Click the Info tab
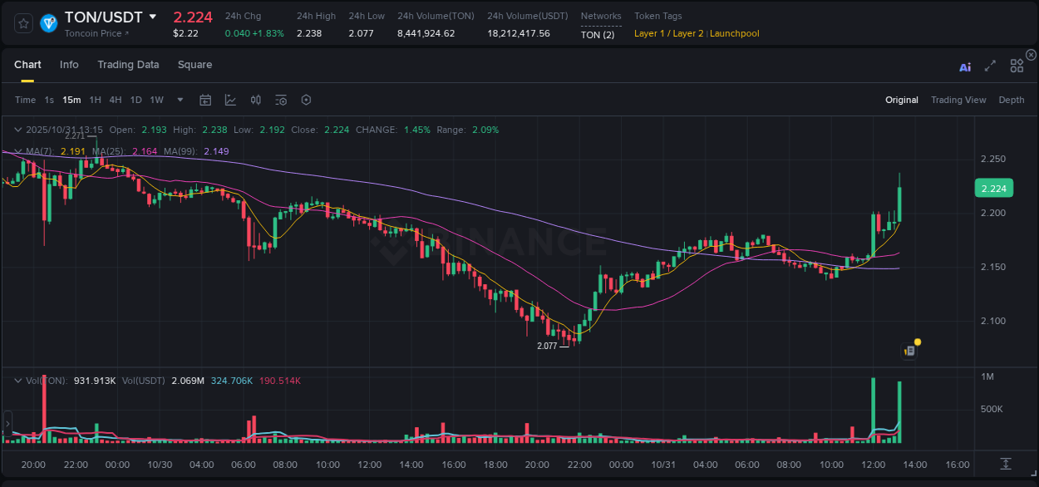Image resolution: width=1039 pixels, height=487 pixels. tap(69, 65)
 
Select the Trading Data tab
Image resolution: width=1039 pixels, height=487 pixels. tap(128, 65)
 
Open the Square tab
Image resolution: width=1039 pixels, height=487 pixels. tap(195, 65)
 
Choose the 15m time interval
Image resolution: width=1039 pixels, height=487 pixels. tap(72, 100)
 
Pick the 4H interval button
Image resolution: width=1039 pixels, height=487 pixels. tap(116, 100)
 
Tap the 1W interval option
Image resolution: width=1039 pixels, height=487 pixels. tap(156, 100)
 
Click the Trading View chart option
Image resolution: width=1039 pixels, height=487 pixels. tap(958, 100)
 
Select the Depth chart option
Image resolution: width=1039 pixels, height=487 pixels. tap(1012, 100)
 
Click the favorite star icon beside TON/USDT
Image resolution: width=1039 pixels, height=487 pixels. tap(23, 23)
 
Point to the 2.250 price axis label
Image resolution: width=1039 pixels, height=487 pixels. tap(993, 160)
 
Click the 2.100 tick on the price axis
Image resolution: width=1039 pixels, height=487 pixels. tap(993, 322)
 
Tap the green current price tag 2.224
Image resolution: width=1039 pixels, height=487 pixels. tap(993, 189)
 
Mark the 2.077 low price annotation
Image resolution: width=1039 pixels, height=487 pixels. tap(547, 346)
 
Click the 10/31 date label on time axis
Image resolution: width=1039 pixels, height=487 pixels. tap(662, 465)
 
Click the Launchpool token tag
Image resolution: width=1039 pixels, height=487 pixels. tap(734, 33)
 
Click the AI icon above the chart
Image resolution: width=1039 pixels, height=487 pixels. tap(965, 67)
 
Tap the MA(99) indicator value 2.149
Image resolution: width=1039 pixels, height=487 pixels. tap(216, 151)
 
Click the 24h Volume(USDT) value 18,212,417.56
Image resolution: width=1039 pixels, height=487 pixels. tap(519, 33)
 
